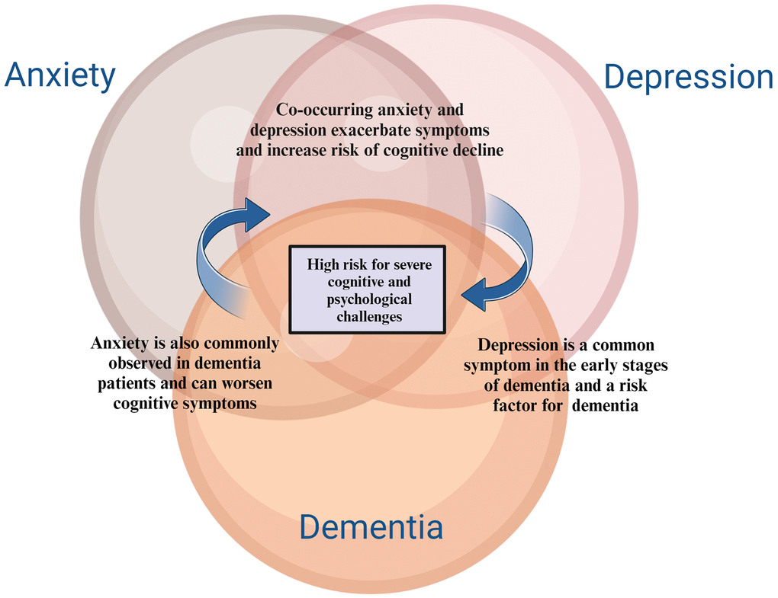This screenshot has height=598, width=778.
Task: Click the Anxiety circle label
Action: tap(60, 76)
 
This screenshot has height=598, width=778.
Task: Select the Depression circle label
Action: tap(689, 78)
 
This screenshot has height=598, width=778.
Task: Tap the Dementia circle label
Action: tap(371, 527)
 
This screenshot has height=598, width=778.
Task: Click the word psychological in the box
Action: tap(369, 299)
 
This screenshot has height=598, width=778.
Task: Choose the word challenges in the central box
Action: tap(369, 316)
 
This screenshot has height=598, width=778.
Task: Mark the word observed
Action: tap(149, 363)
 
